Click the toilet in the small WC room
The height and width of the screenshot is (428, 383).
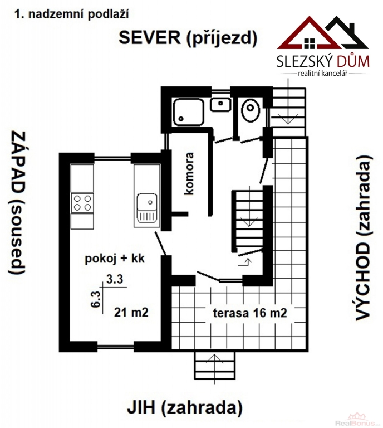pyautogui.click(x=251, y=110)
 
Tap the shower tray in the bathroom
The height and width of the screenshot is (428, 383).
pyautogui.click(x=189, y=112)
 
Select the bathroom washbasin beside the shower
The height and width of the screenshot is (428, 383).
pyautogui.click(x=220, y=104)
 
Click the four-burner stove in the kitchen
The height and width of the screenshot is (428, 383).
pyautogui.click(x=82, y=203)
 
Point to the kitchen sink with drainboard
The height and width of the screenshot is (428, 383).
pyautogui.click(x=147, y=208)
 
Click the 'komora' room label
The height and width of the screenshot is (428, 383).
pyautogui.click(x=189, y=174)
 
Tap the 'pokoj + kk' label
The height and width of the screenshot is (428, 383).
pyautogui.click(x=115, y=258)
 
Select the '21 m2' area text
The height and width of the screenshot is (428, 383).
pyautogui.click(x=131, y=312)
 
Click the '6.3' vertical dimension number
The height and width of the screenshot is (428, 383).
pyautogui.click(x=96, y=299)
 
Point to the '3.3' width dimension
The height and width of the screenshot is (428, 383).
pyautogui.click(x=115, y=279)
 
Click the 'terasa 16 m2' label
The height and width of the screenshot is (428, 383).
pyautogui.click(x=250, y=313)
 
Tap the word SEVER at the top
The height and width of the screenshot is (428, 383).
pyautogui.click(x=150, y=37)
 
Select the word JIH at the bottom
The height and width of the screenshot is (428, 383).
pyautogui.click(x=141, y=408)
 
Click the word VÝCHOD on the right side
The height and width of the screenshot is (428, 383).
pyautogui.click(x=364, y=281)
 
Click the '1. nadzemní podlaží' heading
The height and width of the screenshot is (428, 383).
pyautogui.click(x=71, y=14)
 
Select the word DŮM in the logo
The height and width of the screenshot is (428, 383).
pyautogui.click(x=353, y=61)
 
